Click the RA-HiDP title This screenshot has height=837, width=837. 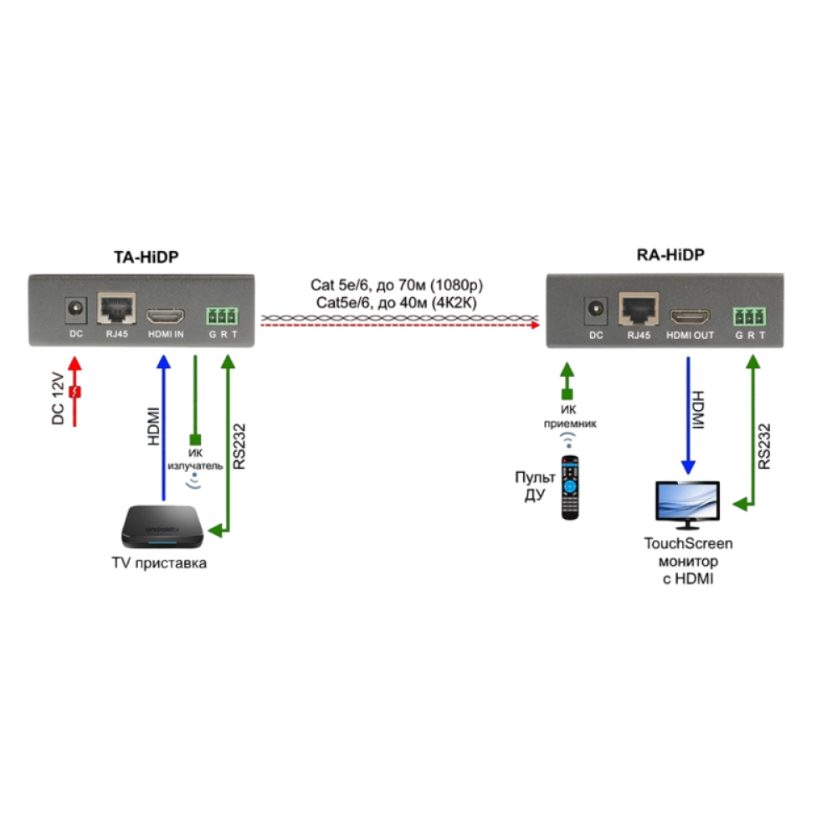(x=666, y=256)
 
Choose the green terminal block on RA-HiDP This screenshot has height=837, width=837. (x=749, y=316)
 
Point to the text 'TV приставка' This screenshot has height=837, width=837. (x=159, y=563)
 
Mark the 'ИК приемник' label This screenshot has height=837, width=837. (x=567, y=417)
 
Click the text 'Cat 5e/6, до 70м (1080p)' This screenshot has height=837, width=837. (x=398, y=285)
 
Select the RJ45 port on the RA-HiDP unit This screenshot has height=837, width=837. (x=637, y=311)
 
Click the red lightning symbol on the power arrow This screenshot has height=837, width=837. (x=75, y=392)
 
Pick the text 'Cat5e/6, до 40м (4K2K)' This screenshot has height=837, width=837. (x=398, y=302)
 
